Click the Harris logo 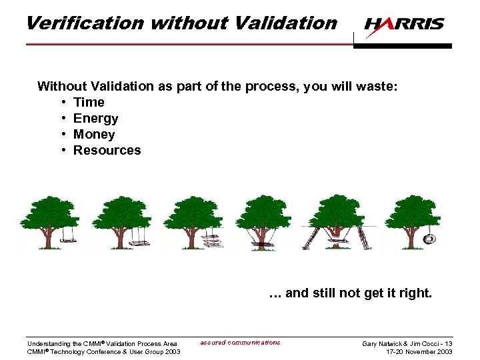pos(404,24)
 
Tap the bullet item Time pos(89,102)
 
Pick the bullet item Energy pos(95,118)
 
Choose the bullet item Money pos(94,134)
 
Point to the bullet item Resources pos(107,150)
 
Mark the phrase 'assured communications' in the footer pos(240,343)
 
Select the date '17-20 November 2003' pos(419,351)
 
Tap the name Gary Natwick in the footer pos(381,343)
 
